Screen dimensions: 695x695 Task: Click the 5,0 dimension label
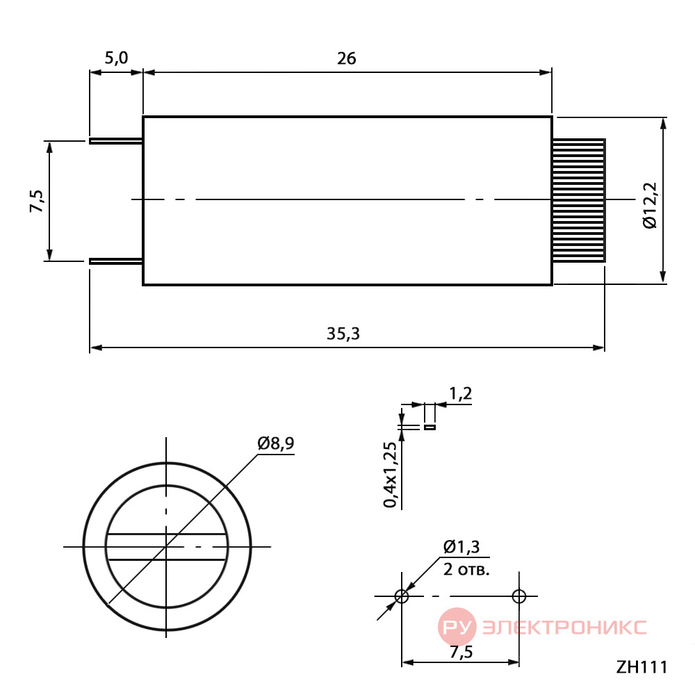[x=117, y=58]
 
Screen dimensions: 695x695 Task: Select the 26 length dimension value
[x=347, y=58]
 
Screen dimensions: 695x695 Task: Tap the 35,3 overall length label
[x=343, y=334]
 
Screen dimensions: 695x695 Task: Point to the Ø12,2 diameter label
[x=651, y=205]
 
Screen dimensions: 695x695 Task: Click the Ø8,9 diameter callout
[x=276, y=443]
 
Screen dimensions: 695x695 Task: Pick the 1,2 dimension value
[x=461, y=393]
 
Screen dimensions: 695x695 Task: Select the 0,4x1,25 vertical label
[x=391, y=474]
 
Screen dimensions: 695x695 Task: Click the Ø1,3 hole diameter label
[x=461, y=547]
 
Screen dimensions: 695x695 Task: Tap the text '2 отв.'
[x=466, y=569]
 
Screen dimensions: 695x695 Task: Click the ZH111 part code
[x=641, y=667]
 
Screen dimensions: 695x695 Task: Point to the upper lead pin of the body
[x=116, y=141]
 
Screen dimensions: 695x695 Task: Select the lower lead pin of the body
[x=116, y=261]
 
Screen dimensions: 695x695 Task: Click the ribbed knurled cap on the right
[x=579, y=200]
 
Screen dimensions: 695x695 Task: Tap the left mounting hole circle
[x=402, y=596]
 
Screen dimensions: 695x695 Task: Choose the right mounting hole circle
[x=519, y=596]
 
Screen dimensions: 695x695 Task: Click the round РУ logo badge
[x=457, y=627]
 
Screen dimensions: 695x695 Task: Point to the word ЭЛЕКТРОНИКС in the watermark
[x=564, y=628]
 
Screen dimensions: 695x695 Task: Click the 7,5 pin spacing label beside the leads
[x=38, y=201]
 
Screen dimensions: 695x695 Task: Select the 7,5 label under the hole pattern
[x=461, y=652]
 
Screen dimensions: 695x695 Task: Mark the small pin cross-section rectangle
[x=430, y=427]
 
